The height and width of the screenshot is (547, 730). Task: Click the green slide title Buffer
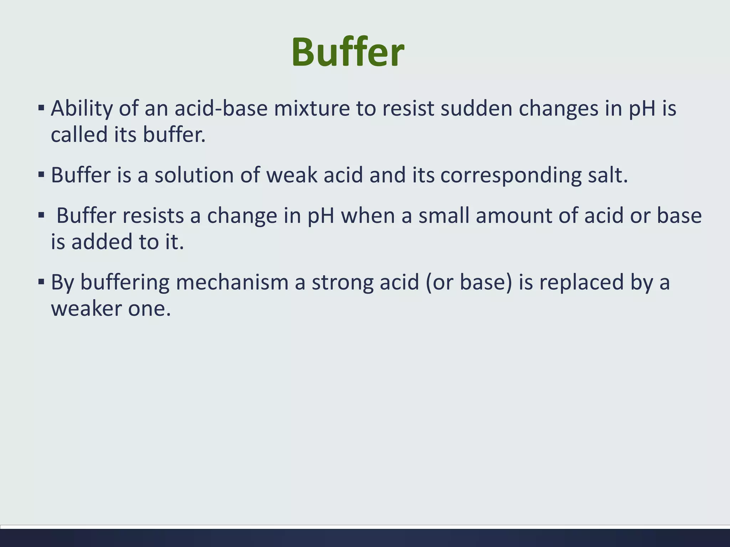coord(348,53)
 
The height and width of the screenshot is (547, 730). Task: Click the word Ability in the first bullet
coord(82,108)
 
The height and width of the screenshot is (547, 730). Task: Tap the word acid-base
coord(221,108)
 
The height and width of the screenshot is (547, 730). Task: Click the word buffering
coord(125,283)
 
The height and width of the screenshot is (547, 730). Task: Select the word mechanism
coord(232,282)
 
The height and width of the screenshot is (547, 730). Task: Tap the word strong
coord(342,283)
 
